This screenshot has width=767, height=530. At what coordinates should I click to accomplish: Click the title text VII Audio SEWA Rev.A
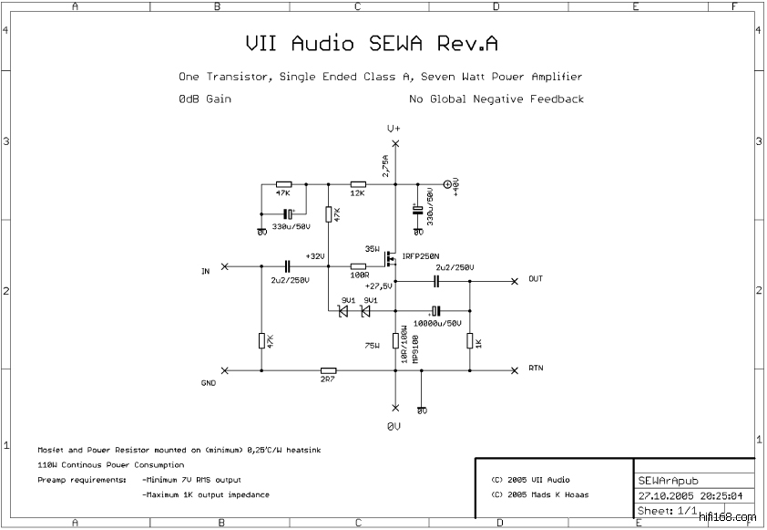372,44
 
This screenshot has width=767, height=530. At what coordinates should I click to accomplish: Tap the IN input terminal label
205,272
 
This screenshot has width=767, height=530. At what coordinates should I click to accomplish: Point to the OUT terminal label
536,279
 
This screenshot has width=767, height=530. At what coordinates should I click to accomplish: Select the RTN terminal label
536,368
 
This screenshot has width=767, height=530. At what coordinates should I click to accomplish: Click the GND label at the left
208,383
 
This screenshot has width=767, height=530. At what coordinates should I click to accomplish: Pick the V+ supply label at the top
394,129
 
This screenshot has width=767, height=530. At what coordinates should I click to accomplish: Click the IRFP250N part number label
420,256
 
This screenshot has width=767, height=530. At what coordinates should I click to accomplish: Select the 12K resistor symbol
357,182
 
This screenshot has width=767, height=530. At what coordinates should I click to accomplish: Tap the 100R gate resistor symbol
358,265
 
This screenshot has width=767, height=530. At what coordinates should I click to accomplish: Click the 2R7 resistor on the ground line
328,370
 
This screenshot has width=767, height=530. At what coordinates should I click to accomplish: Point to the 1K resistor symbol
470,340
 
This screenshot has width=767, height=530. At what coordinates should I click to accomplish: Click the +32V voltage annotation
315,256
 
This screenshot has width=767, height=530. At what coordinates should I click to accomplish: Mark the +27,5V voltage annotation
378,286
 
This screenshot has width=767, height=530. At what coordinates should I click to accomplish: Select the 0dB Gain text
205,99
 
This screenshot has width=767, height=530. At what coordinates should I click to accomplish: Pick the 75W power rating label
371,346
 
